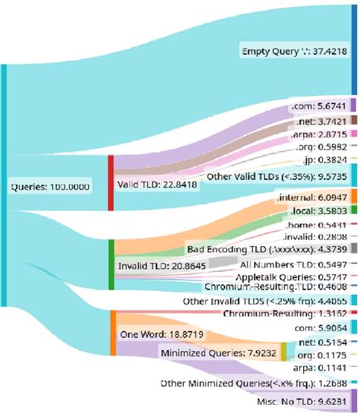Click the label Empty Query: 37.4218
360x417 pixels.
(x=295, y=52)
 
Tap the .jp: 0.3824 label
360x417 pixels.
(x=326, y=161)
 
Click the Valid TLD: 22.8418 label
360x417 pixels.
(x=159, y=184)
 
